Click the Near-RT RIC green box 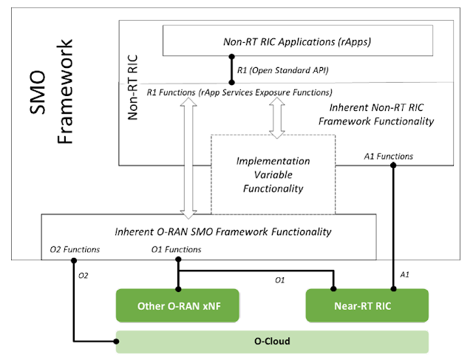[367, 306]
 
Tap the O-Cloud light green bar [271, 342]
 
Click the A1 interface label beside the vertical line [405, 273]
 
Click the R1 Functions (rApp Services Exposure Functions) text [239, 92]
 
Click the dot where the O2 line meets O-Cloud [118, 342]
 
